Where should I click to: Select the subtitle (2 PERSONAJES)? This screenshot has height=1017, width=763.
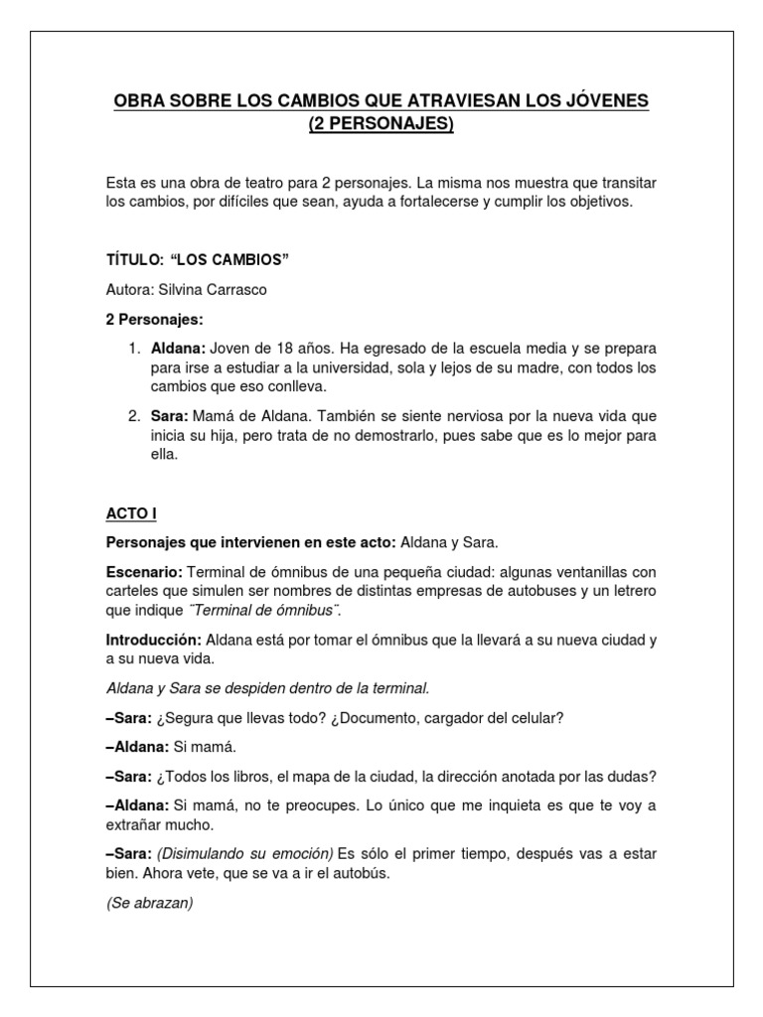click(381, 124)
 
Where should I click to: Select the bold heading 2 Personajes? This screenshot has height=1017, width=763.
click(154, 321)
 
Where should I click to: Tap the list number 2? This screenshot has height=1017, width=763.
click(134, 415)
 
